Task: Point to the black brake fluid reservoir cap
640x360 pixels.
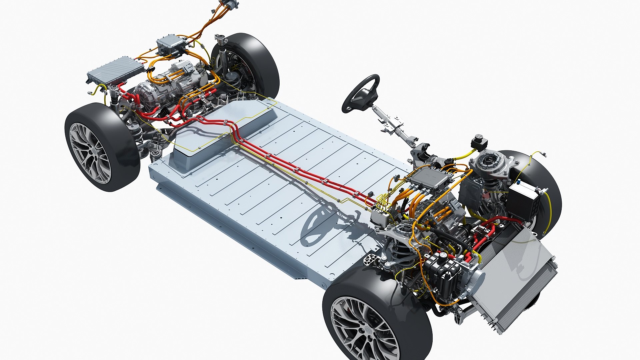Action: point(479,140)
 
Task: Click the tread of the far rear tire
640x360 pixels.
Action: point(263,63)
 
